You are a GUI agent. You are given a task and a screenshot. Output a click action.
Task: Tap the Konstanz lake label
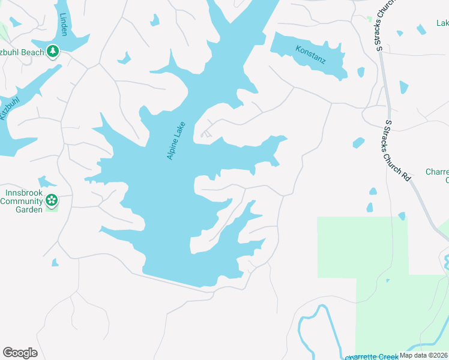point(310,56)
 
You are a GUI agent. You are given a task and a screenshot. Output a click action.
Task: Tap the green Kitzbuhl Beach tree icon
point(53,52)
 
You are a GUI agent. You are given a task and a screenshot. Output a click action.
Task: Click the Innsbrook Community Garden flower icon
point(52,200)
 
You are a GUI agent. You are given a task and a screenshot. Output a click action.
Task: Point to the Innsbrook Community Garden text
point(22,201)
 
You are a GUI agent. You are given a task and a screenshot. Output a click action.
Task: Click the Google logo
point(20,353)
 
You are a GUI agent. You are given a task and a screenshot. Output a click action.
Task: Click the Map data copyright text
point(424,355)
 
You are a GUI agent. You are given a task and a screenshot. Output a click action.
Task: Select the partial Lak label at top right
point(442,23)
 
